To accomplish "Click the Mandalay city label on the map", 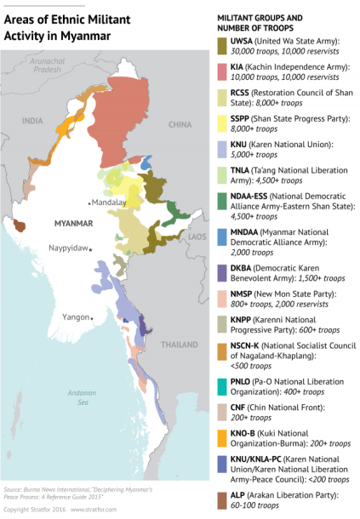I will point(107,203).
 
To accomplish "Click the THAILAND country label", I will point(179,345).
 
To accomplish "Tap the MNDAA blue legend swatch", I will point(223,231).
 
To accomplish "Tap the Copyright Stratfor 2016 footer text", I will point(33,508).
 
